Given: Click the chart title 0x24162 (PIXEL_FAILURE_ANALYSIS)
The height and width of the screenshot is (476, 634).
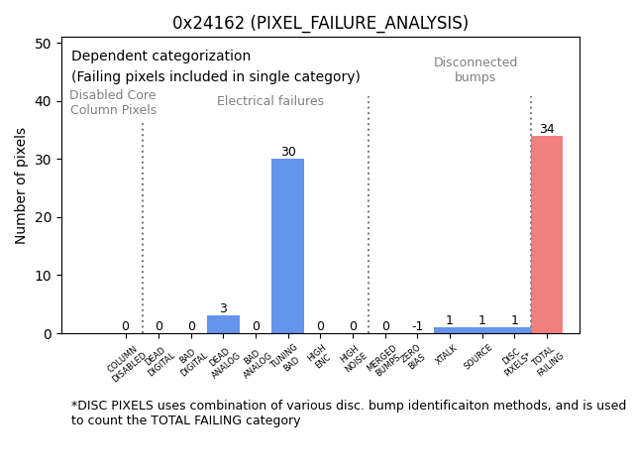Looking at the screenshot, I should pyautogui.click(x=320, y=23).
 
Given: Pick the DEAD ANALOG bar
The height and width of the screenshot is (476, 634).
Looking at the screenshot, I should pyautogui.click(x=223, y=324).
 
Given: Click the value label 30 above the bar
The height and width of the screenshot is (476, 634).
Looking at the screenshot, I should pyautogui.click(x=288, y=152).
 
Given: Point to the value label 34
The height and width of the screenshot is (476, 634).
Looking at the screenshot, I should pyautogui.click(x=547, y=129).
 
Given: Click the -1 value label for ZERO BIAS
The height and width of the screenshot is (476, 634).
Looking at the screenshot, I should pyautogui.click(x=417, y=326).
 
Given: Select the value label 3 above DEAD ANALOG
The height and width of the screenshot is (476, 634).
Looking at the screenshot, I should pyautogui.click(x=223, y=308).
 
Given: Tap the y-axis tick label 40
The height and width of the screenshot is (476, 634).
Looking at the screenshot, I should pyautogui.click(x=44, y=101).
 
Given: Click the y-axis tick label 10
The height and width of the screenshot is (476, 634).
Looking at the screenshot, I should pyautogui.click(x=44, y=276).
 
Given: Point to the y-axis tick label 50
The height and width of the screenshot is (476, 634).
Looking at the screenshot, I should pyautogui.click(x=44, y=44).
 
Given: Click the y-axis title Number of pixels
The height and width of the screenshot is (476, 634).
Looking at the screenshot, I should pyautogui.click(x=21, y=185).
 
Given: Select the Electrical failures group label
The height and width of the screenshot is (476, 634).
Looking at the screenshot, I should pyautogui.click(x=270, y=101).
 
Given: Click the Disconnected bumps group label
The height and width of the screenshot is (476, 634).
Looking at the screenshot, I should pyautogui.click(x=475, y=69).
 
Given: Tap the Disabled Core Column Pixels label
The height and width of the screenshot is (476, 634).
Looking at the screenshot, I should pyautogui.click(x=113, y=102).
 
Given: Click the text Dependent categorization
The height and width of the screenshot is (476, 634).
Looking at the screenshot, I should pyautogui.click(x=160, y=57).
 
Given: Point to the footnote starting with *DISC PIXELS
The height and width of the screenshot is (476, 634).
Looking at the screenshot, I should pyautogui.click(x=348, y=413).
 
